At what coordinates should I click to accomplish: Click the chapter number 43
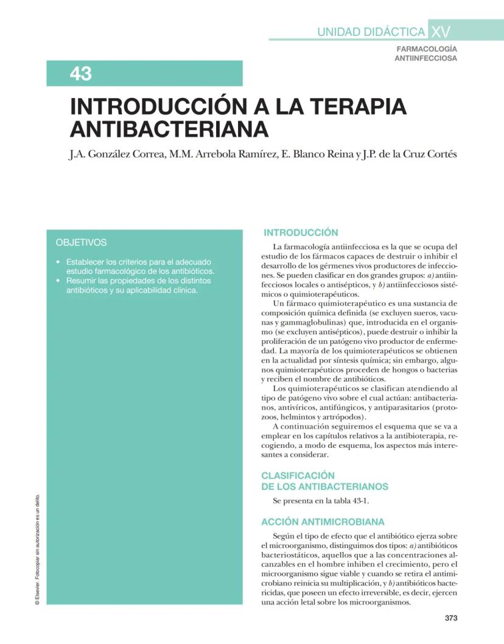(x=80, y=74)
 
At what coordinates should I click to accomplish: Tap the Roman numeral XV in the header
(x=440, y=31)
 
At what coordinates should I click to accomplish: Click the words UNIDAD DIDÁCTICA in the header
(x=371, y=32)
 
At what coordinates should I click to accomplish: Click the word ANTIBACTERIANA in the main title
(x=169, y=129)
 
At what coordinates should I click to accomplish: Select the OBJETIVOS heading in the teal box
(x=81, y=242)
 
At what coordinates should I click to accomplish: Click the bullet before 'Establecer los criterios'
(x=57, y=262)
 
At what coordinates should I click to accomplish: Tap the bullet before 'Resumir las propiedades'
(x=57, y=281)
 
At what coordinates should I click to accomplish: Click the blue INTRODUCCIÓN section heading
(x=300, y=233)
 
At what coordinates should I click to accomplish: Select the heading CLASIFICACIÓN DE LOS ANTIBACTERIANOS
(x=324, y=481)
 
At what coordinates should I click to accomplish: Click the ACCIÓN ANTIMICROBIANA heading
(x=323, y=522)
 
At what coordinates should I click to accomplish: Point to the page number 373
(x=450, y=618)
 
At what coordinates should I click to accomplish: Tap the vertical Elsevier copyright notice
(x=38, y=548)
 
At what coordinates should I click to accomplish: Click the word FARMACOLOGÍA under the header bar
(x=427, y=49)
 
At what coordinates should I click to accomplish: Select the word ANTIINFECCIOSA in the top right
(x=425, y=58)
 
